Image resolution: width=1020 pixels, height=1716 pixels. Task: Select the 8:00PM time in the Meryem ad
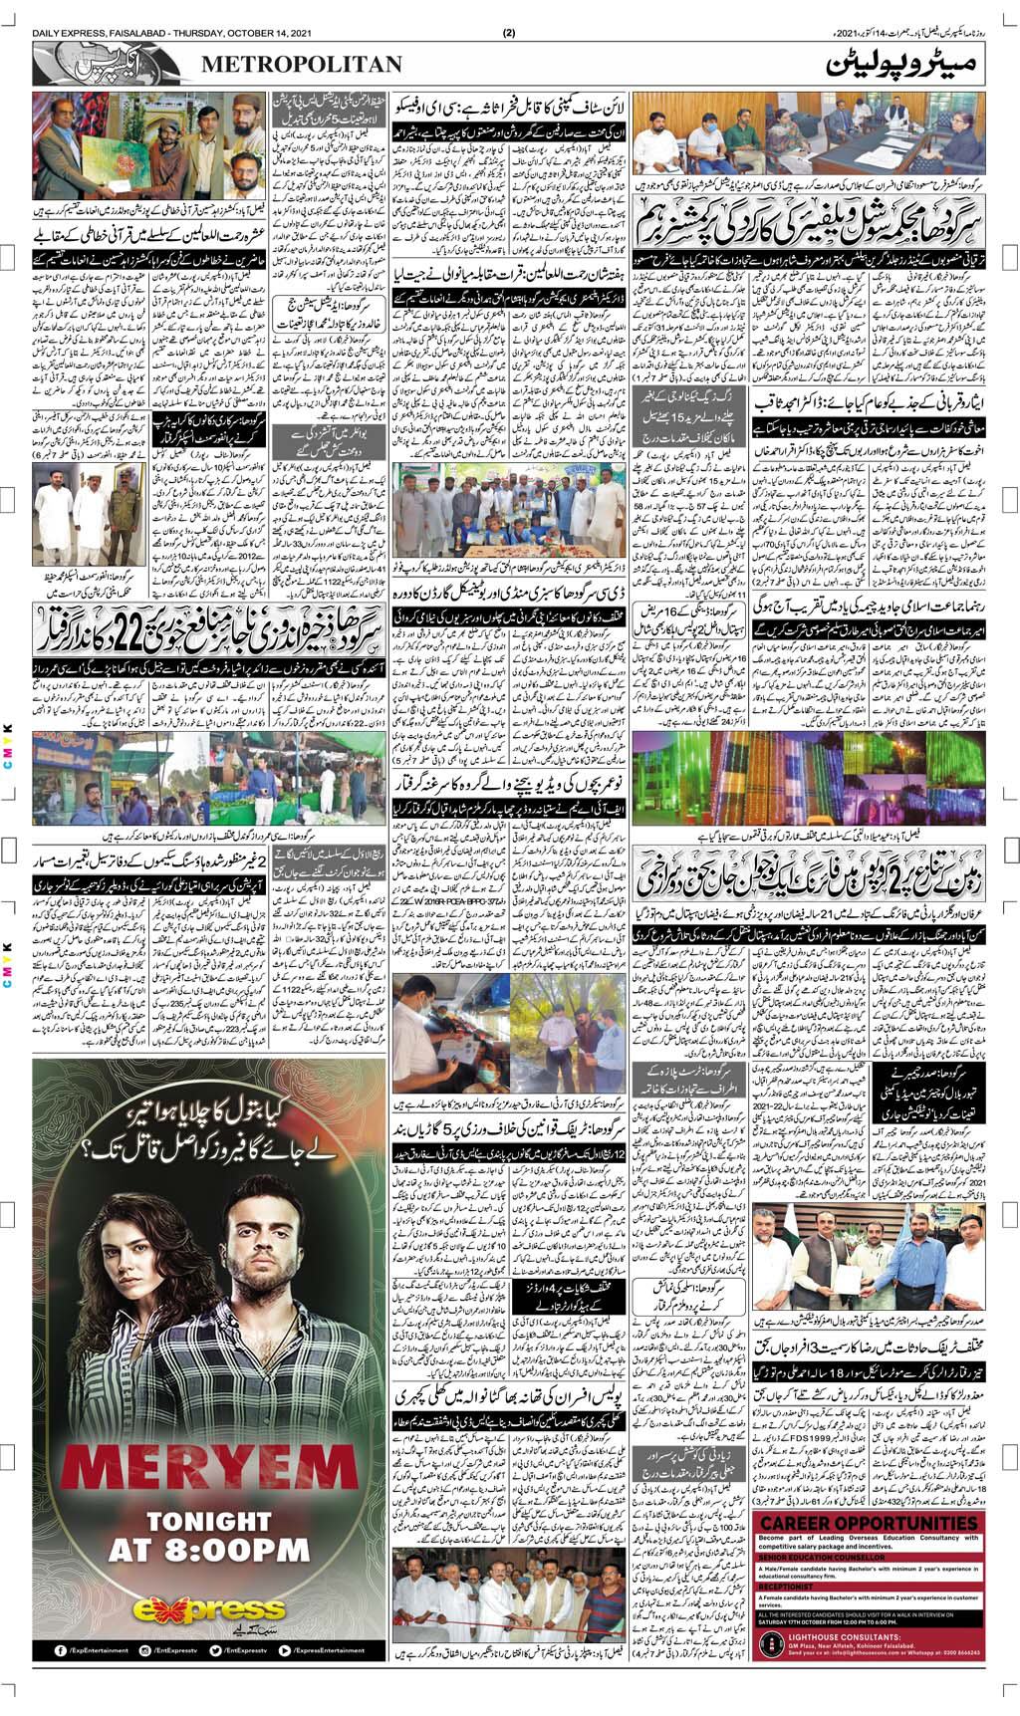(208, 1561)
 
